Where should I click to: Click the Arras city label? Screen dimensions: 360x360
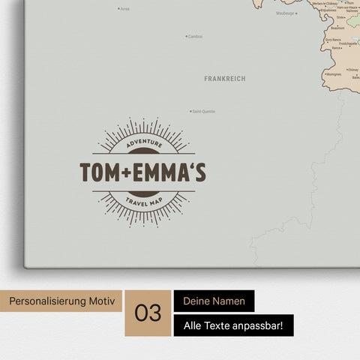point(124,9)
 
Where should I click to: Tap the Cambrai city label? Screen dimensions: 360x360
point(195,36)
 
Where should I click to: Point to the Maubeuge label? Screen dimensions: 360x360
point(285,13)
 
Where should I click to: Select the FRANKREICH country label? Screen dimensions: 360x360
point(224,78)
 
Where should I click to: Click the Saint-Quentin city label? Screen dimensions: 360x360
point(204,112)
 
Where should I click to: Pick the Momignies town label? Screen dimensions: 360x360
point(333,75)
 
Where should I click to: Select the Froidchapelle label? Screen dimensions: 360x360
point(347,43)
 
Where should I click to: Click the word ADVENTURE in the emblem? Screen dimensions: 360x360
point(144,143)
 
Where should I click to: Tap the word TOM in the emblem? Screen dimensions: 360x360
point(99,172)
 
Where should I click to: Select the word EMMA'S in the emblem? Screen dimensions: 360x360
point(169,172)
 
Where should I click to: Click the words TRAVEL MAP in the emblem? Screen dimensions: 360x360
point(144,201)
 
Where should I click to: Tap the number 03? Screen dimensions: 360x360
point(149,313)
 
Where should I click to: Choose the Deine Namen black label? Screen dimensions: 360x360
point(214,301)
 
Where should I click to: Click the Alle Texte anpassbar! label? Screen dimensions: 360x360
point(233,325)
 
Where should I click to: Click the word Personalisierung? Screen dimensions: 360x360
point(46,301)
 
